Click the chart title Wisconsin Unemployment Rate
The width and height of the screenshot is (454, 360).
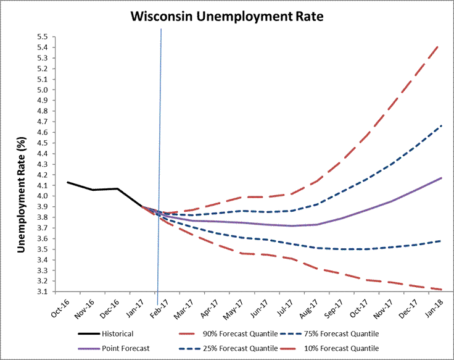[226, 16]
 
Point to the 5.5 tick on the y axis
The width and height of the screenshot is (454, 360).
[43, 36]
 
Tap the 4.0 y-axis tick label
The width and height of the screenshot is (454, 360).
[43, 196]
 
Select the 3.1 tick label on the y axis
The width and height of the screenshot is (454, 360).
[43, 291]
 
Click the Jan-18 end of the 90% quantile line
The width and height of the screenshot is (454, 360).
[439, 45]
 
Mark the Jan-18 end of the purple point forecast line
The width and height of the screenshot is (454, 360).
[441, 178]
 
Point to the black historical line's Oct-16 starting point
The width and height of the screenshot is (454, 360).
[67, 182]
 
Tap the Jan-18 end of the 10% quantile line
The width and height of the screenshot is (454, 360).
[441, 289]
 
